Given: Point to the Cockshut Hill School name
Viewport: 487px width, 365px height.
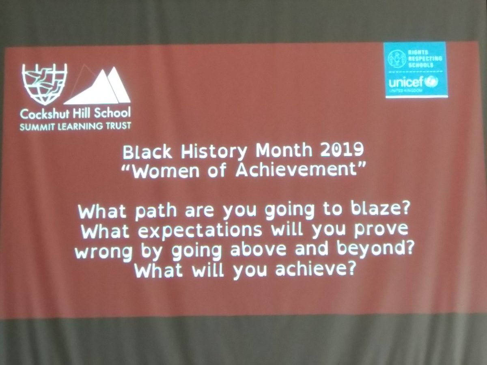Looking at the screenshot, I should coord(76,114).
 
